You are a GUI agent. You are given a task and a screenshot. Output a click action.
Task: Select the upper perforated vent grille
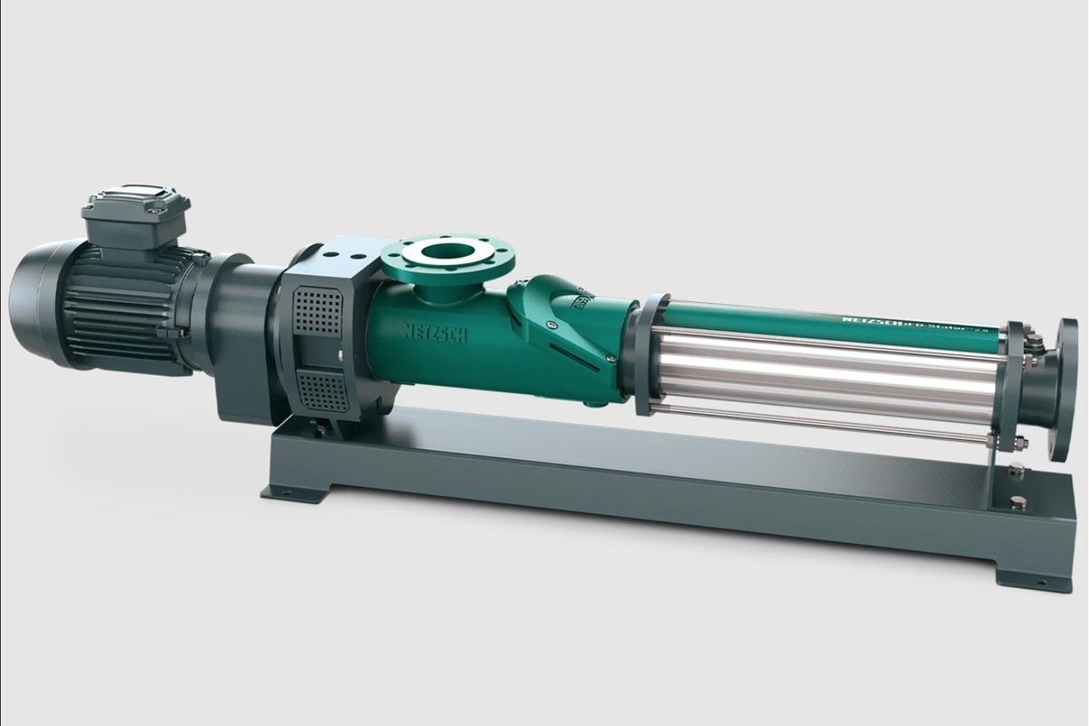(x=319, y=309)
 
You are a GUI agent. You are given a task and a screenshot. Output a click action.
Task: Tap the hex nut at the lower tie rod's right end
(x=1018, y=444)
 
